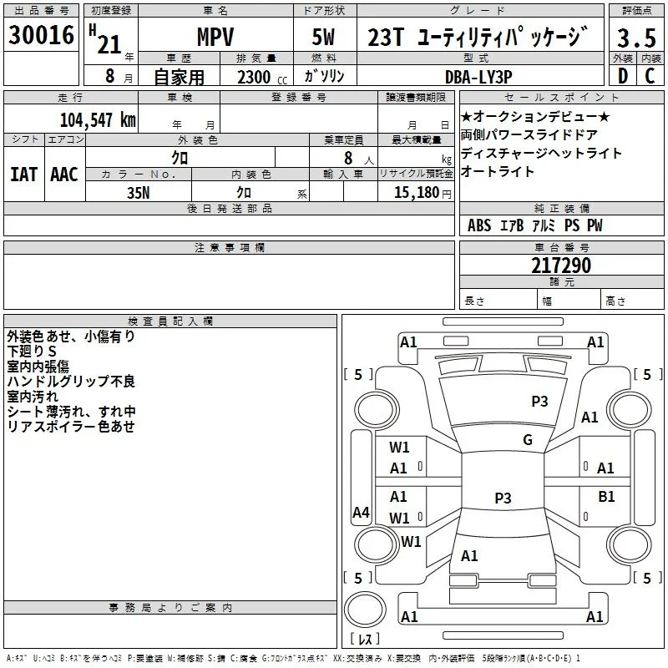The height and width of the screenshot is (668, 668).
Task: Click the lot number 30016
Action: (x=41, y=35)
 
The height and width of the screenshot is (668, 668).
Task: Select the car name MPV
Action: (x=215, y=37)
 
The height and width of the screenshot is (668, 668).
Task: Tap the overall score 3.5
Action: (x=636, y=38)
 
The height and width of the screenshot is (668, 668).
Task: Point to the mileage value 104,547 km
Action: (x=98, y=120)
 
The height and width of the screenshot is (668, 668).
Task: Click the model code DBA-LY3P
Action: (x=478, y=77)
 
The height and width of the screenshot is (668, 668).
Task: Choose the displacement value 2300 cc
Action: (x=262, y=78)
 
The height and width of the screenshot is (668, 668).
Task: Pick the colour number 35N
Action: (x=138, y=193)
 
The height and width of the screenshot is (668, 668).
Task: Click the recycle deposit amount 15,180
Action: (x=417, y=193)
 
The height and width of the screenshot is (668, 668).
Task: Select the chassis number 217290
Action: (x=561, y=266)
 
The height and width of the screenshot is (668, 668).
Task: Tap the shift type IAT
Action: (x=23, y=175)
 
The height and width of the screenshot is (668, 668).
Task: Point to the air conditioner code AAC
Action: (x=64, y=175)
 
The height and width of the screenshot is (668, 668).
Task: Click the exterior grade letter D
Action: (x=622, y=76)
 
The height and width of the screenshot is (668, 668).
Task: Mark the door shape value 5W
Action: (x=323, y=37)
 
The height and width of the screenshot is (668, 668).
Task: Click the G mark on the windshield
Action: (x=528, y=440)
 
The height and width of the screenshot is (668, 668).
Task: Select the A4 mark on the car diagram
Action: (x=361, y=512)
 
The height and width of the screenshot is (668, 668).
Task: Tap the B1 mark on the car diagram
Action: (x=606, y=497)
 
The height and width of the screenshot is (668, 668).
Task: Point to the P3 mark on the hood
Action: (x=539, y=402)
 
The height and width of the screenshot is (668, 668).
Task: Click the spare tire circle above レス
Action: (x=365, y=610)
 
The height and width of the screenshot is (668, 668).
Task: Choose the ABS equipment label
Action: (x=479, y=225)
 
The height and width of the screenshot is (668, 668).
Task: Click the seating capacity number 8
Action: (x=348, y=158)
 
